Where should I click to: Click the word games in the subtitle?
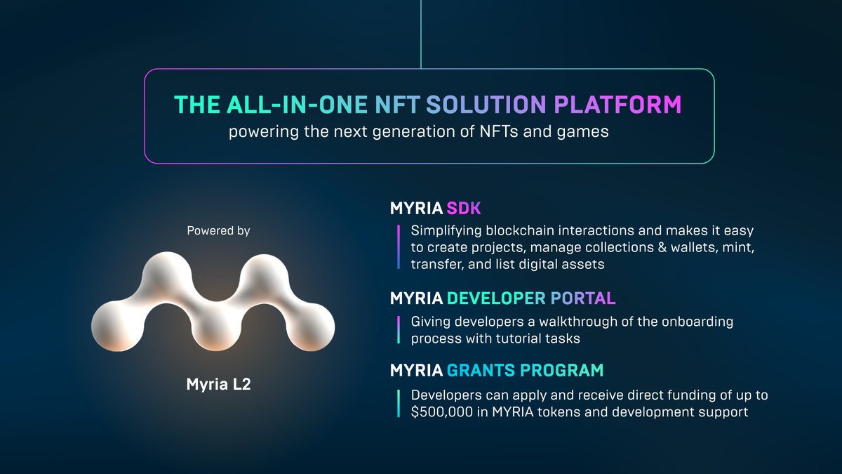click(x=587, y=132)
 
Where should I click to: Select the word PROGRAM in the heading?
click(x=567, y=369)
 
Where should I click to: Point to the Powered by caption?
click(x=218, y=230)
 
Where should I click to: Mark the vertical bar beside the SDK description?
click(x=398, y=247)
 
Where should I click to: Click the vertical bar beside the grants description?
click(x=398, y=404)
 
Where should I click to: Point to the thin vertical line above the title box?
click(x=421, y=34)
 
